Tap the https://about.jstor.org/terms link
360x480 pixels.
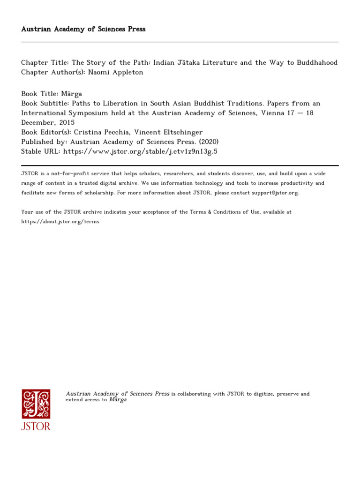pos(60,221)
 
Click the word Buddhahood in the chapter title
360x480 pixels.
pos(316,63)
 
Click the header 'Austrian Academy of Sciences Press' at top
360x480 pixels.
pos(83,29)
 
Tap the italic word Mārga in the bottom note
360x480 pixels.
pos(118,400)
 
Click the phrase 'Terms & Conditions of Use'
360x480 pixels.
pos(219,212)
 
